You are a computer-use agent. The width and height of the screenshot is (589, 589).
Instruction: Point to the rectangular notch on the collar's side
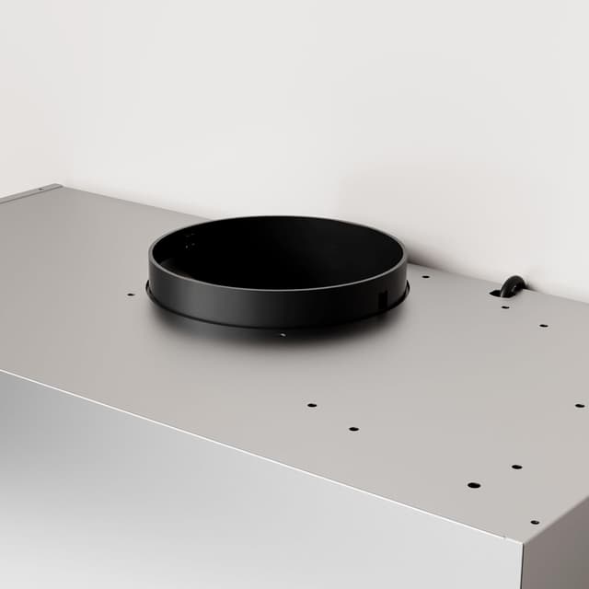(382, 299)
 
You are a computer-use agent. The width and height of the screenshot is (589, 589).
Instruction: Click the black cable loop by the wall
(511, 286)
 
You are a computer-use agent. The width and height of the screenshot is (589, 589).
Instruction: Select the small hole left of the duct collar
(131, 295)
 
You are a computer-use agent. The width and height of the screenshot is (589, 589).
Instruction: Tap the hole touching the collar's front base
(282, 335)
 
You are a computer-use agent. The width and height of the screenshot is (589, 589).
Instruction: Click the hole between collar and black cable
(423, 276)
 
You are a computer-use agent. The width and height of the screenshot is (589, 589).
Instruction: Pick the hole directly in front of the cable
(503, 306)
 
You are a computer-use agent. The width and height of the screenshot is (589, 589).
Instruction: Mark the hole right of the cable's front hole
(543, 325)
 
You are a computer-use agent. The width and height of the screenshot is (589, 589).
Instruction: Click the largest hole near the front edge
(473, 485)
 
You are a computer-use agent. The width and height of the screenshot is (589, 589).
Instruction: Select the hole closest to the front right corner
(534, 521)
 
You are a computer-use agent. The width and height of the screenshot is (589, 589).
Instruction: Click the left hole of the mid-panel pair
(312, 405)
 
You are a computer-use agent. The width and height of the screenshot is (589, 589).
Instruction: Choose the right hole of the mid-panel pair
(352, 428)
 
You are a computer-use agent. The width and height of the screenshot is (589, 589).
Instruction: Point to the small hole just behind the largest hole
(516, 467)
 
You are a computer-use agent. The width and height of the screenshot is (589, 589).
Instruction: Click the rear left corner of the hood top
(57, 187)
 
